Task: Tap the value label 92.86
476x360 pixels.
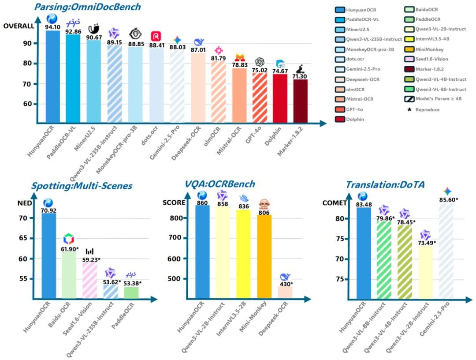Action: coord(73,32)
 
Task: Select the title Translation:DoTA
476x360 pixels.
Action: coord(385,185)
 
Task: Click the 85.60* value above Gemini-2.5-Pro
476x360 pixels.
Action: coord(447,199)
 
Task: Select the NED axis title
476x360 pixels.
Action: coord(37,204)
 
